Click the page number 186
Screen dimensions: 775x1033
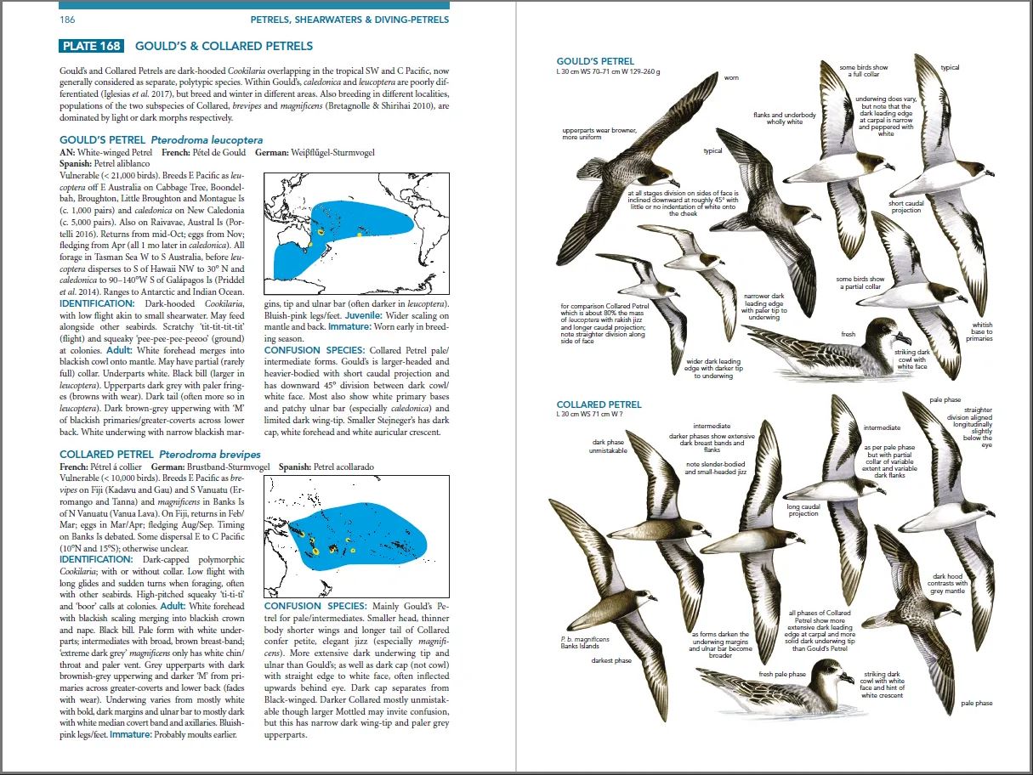point(66,20)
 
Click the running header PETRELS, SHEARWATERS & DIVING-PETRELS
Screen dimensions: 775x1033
point(349,20)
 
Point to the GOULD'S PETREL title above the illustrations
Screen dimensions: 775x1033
point(595,61)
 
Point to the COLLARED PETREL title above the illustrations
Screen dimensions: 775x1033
point(599,404)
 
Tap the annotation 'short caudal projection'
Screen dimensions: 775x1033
point(905,206)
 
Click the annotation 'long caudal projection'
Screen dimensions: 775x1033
point(803,510)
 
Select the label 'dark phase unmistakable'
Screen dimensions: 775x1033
point(608,446)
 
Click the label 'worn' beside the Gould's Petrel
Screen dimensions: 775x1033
point(730,77)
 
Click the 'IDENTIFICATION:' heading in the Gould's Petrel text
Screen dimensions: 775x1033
point(95,303)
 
